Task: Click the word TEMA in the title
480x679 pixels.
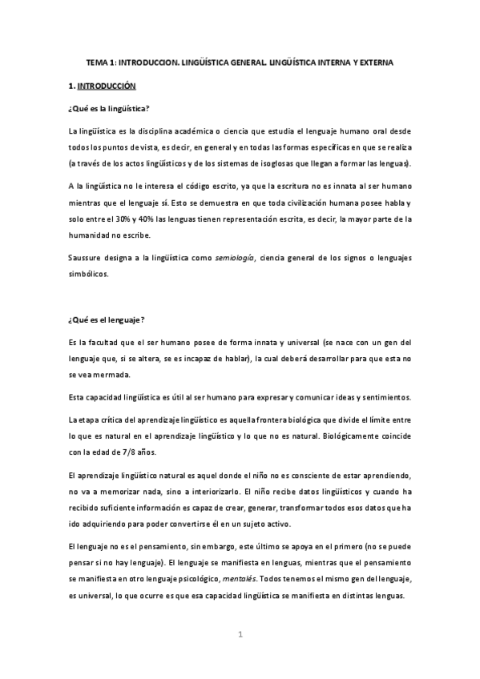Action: tap(97, 61)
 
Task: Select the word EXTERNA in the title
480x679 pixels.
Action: tap(372, 61)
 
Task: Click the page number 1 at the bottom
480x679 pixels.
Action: tap(239, 634)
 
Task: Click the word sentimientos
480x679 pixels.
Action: tap(383, 397)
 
